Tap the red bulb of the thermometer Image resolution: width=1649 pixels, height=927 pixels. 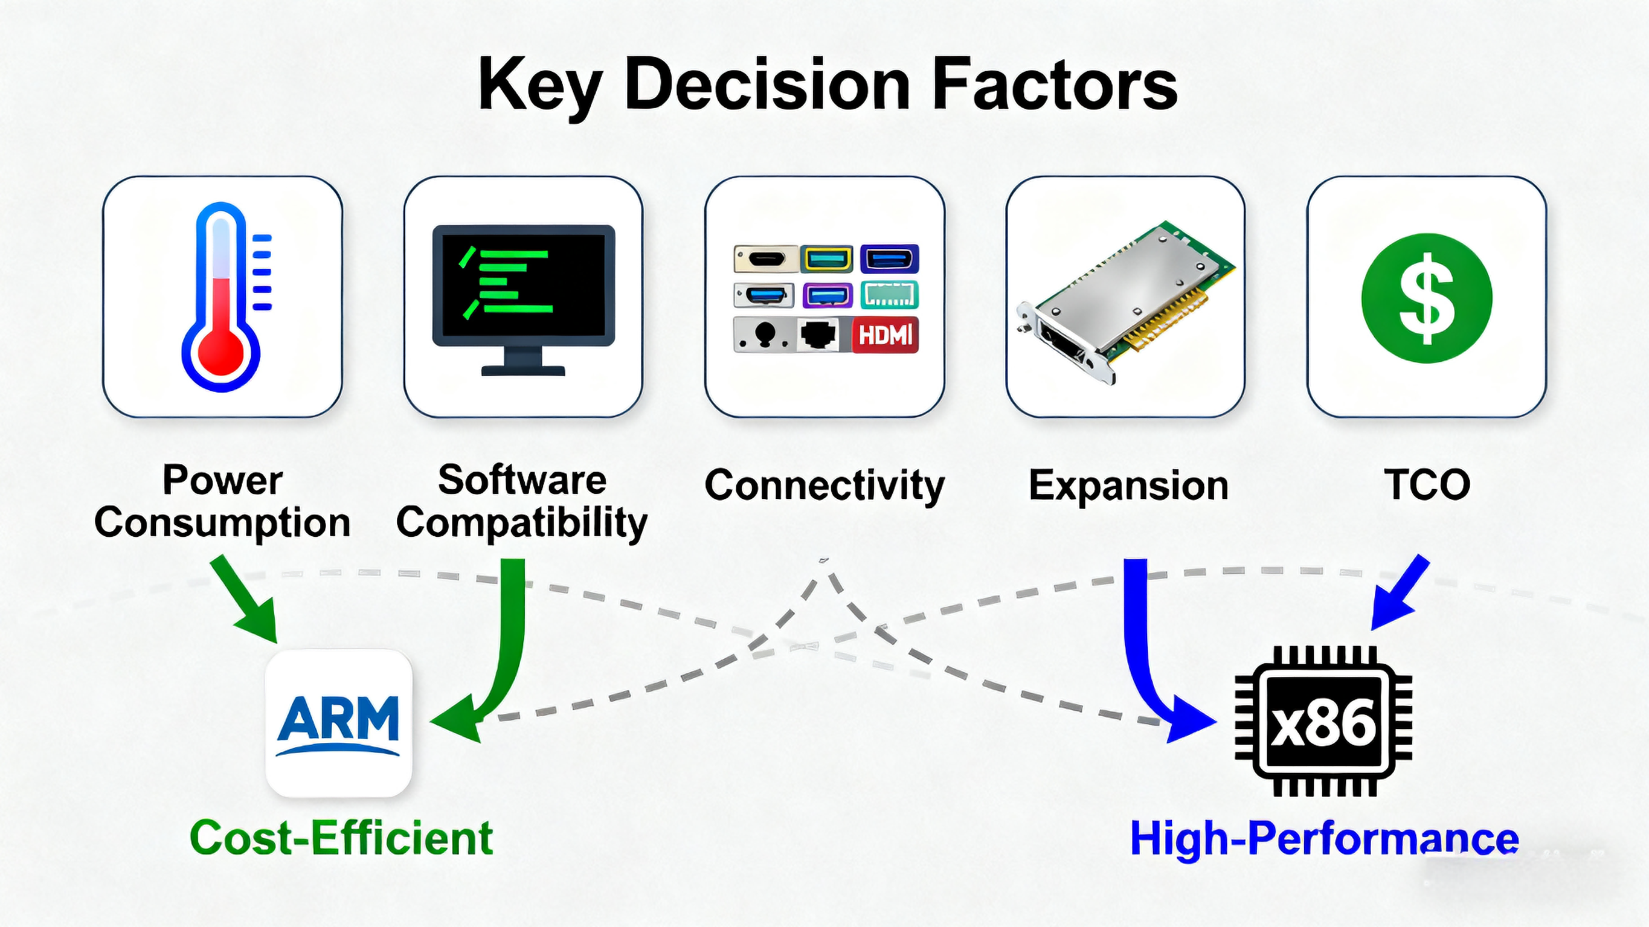(221, 352)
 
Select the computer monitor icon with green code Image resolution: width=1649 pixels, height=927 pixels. (523, 298)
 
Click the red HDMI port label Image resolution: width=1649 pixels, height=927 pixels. (886, 334)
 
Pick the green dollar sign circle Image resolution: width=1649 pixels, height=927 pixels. (1426, 298)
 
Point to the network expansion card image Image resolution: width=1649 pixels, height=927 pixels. (1125, 301)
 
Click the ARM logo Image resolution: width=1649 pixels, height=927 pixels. (339, 723)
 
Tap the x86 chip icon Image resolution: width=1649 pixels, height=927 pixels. (1323, 722)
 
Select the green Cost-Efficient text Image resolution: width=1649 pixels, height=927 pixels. (341, 838)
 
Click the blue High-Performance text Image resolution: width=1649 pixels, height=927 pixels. (1324, 838)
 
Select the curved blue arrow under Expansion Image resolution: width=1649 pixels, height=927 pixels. (1146, 666)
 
